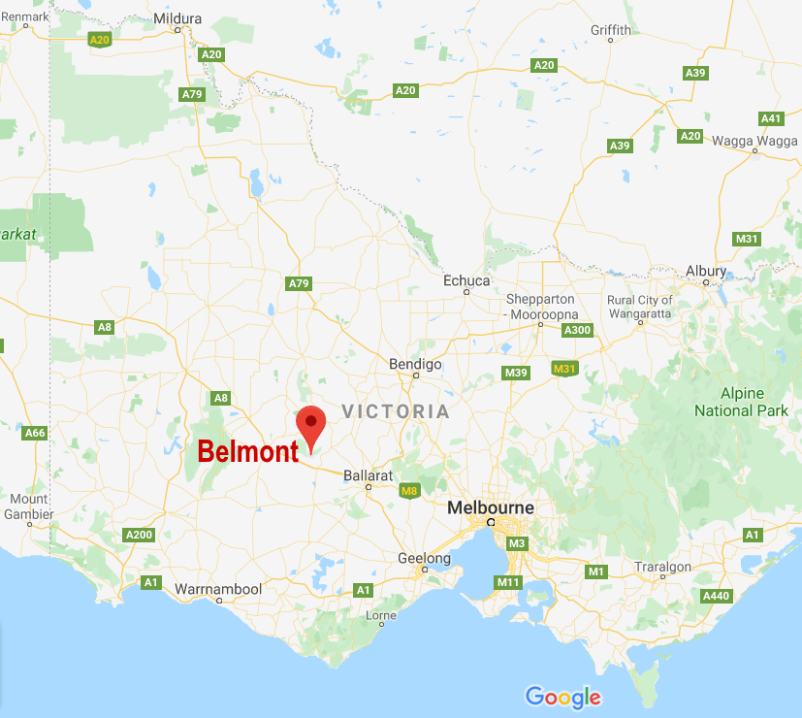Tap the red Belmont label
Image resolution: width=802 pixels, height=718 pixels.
click(247, 452)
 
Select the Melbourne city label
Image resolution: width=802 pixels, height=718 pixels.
click(490, 507)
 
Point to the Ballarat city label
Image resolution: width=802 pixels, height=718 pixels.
click(368, 475)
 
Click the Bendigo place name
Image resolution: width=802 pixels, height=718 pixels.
click(415, 364)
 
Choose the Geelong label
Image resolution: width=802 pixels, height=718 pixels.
click(425, 558)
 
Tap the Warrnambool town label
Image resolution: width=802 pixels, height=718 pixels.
click(218, 589)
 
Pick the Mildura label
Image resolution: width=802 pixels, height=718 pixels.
click(178, 17)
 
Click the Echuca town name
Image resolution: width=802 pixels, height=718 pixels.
click(466, 280)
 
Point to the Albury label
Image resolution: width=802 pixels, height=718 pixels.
click(705, 271)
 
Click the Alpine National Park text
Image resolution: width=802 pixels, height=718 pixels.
click(742, 402)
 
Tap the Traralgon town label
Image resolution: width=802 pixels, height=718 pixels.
click(663, 567)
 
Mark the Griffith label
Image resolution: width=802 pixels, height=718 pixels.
click(611, 30)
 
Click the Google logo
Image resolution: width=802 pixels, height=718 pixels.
click(562, 697)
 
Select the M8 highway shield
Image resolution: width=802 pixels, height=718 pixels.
click(409, 491)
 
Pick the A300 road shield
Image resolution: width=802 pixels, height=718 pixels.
click(577, 330)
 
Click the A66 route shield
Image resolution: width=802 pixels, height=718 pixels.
click(35, 433)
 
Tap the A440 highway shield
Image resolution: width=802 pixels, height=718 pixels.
click(716, 596)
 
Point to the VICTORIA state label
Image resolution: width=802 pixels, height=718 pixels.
click(396, 411)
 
